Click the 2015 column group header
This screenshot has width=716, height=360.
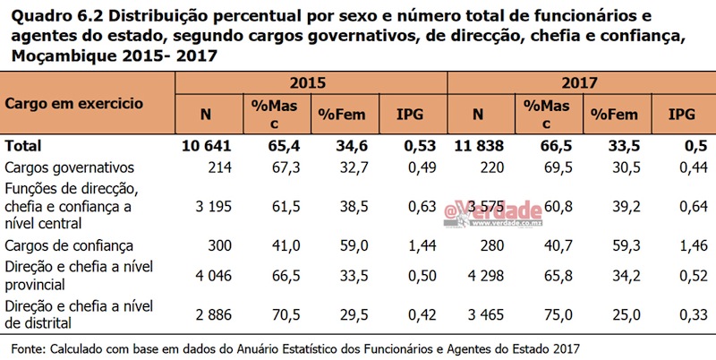310,82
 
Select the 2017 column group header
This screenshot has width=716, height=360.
580,82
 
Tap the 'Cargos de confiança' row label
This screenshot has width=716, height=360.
69,244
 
